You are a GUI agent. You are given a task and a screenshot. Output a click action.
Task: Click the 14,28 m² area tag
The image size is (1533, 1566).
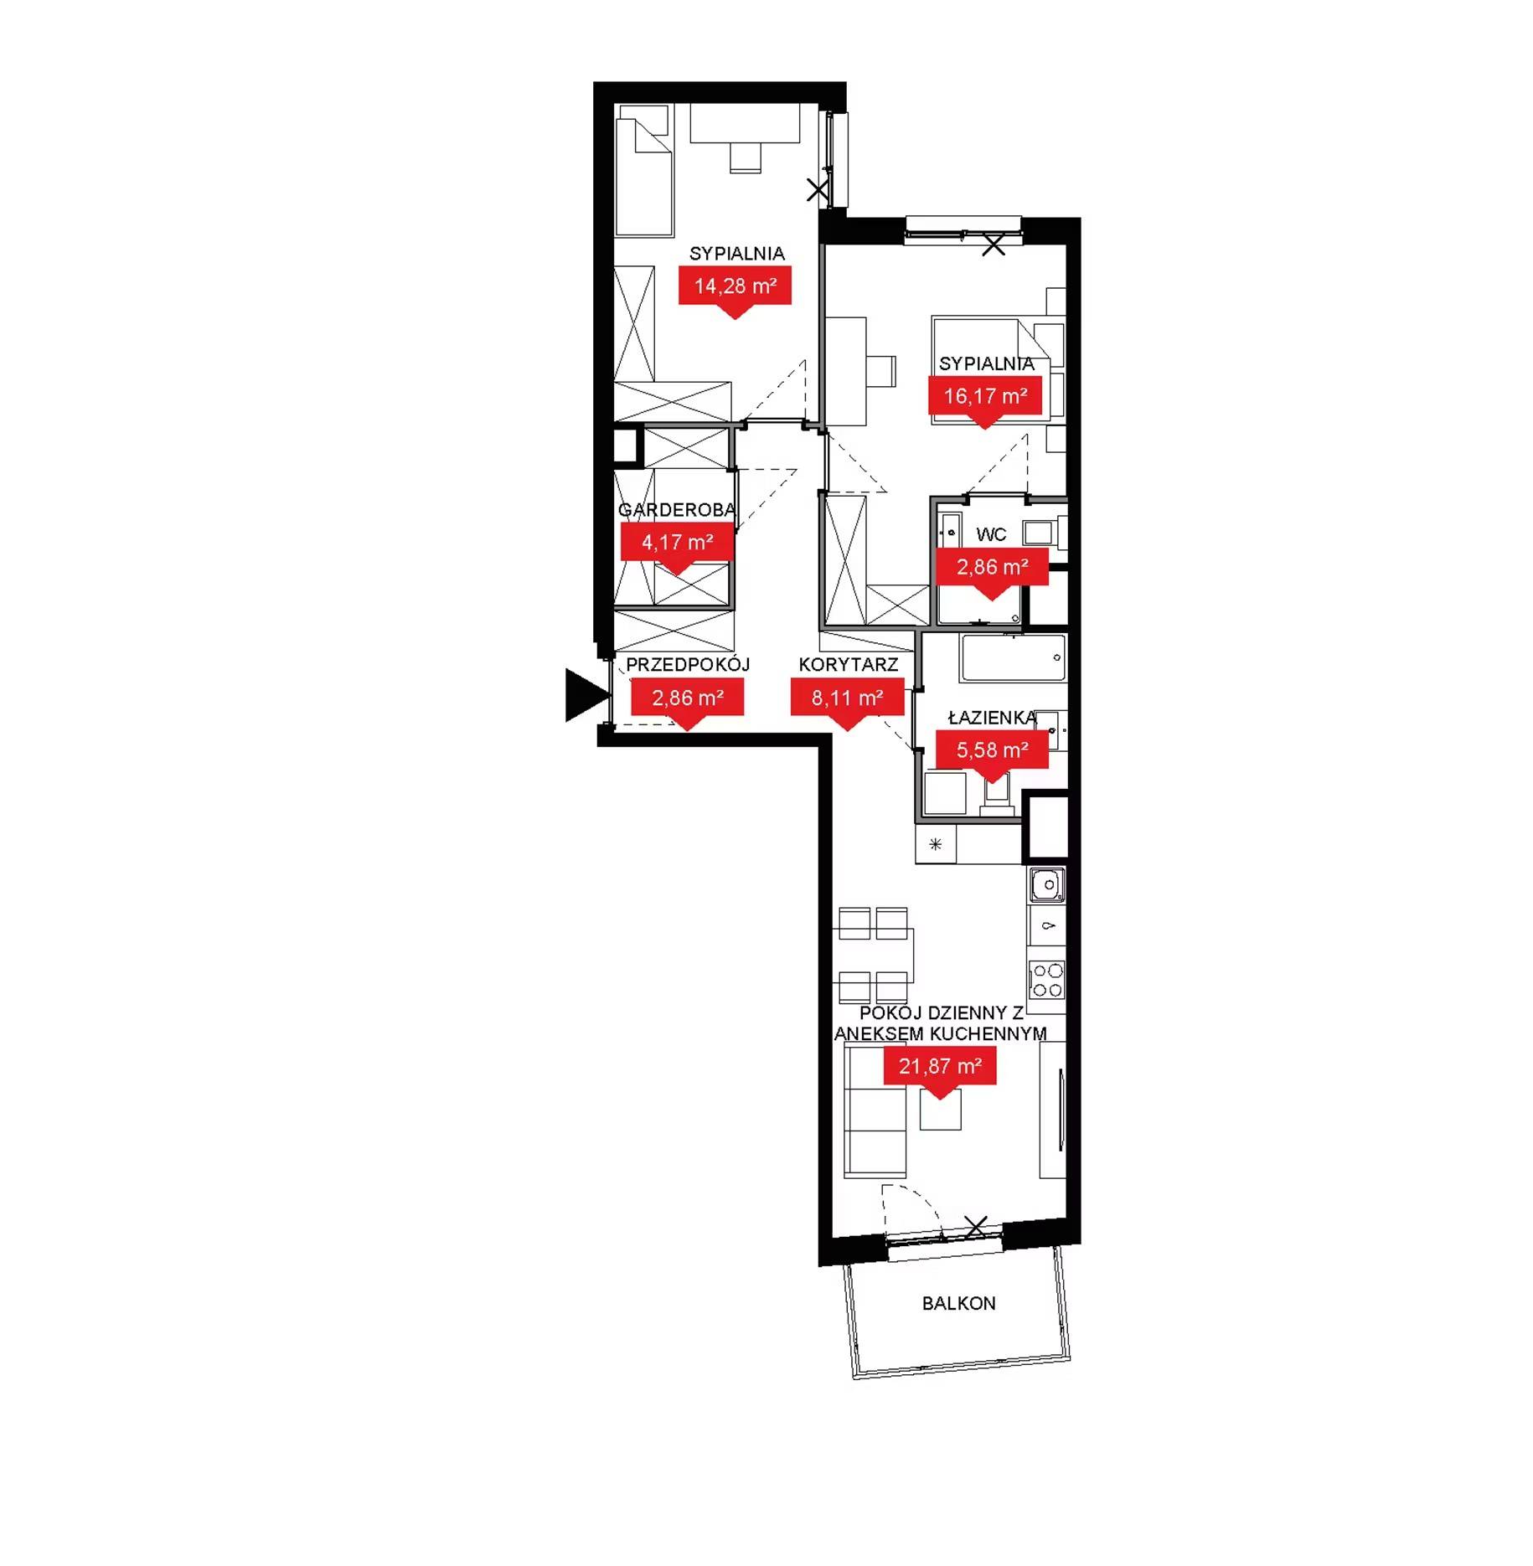pyautogui.click(x=735, y=286)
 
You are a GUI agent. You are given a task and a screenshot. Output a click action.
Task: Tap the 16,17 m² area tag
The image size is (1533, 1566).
pyautogui.click(x=985, y=396)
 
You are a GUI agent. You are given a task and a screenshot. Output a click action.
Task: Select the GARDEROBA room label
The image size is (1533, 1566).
pyautogui.click(x=677, y=509)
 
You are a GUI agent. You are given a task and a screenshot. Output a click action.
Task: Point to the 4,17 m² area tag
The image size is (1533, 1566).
pyautogui.click(x=677, y=543)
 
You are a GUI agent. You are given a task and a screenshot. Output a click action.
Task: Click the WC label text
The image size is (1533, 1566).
pyautogui.click(x=991, y=534)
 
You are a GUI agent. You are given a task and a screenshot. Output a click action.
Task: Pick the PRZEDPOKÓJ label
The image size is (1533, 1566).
pyautogui.click(x=688, y=664)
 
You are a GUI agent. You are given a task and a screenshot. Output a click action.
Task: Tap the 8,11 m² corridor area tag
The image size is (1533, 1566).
pyautogui.click(x=847, y=698)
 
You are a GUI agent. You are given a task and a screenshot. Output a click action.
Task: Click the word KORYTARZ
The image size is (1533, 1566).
pyautogui.click(x=849, y=664)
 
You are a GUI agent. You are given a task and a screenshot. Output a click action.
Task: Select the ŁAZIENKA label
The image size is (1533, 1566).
pyautogui.click(x=992, y=717)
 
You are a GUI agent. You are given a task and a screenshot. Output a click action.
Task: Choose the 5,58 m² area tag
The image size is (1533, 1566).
pyautogui.click(x=992, y=750)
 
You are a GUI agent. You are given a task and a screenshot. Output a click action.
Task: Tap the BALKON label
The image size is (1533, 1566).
pyautogui.click(x=958, y=1303)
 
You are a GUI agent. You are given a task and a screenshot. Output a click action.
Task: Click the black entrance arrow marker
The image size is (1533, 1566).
pyautogui.click(x=586, y=695)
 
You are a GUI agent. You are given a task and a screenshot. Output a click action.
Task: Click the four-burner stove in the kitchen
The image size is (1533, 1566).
pyautogui.click(x=1046, y=981)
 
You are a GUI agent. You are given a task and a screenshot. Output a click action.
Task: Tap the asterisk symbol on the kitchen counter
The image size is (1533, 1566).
pyautogui.click(x=936, y=844)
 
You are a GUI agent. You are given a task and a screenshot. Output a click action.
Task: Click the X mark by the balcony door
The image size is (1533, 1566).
pyautogui.click(x=976, y=1227)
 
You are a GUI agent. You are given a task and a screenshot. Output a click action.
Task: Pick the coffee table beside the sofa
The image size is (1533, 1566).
pyautogui.click(x=941, y=1108)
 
